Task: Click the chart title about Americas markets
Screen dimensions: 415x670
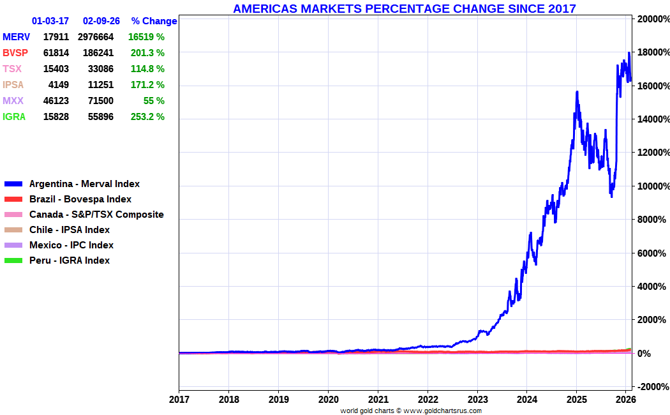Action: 404,8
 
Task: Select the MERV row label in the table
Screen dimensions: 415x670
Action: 16,37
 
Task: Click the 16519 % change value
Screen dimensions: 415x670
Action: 146,37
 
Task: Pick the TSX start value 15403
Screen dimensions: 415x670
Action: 56,69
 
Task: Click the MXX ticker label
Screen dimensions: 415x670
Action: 13,101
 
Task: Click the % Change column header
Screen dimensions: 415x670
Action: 154,21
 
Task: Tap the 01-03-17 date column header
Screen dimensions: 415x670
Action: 50,21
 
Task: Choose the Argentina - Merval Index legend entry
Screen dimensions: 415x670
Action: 84,184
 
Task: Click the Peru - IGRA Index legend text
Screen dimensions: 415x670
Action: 70,260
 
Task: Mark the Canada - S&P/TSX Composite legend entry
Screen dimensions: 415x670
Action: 96,215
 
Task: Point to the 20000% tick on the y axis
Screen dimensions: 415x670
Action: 651,19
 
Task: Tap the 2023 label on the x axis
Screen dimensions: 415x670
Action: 477,399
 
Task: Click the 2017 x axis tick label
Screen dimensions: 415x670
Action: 179,399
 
